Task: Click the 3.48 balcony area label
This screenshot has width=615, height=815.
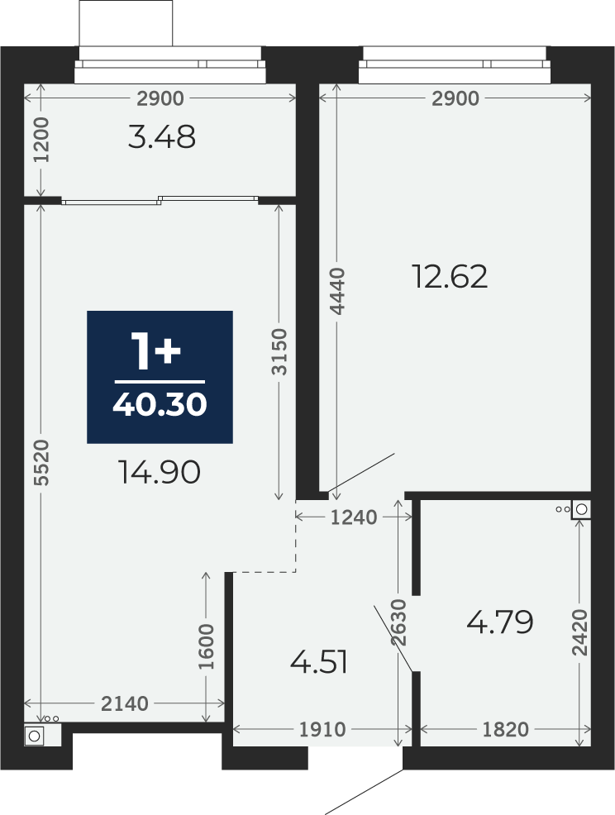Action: (x=162, y=137)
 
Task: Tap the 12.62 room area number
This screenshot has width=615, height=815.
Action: (x=450, y=277)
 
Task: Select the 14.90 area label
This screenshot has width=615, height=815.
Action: (x=160, y=473)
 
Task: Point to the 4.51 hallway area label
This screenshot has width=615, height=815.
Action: (x=319, y=662)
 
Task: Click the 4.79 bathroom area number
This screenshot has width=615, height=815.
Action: (x=499, y=622)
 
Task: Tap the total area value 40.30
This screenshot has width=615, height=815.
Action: (x=160, y=404)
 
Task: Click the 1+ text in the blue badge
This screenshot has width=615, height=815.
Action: (x=156, y=352)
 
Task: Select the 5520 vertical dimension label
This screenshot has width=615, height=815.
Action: (x=42, y=463)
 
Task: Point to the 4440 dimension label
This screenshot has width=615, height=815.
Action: (x=338, y=291)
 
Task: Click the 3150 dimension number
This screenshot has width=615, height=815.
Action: (x=279, y=351)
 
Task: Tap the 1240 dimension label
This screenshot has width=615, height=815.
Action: (x=354, y=517)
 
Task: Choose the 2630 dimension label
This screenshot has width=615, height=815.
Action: (x=398, y=622)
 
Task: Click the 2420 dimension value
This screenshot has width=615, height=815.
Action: (x=579, y=632)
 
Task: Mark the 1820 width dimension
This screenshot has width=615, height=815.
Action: (x=505, y=730)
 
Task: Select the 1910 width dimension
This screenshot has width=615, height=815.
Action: (x=322, y=730)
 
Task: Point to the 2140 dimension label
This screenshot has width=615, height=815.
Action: (x=125, y=703)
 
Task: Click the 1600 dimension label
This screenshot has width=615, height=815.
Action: (x=207, y=647)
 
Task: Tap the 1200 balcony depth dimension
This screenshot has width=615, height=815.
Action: (x=41, y=140)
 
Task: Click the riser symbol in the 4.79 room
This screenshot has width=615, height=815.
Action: (x=580, y=509)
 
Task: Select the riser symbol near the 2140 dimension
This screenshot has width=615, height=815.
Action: (x=35, y=736)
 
